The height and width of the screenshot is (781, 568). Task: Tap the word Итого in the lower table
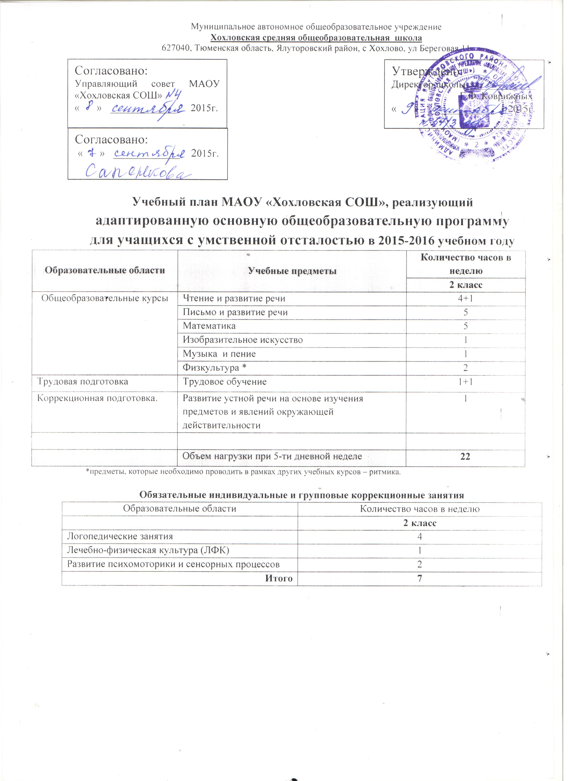point(279,579)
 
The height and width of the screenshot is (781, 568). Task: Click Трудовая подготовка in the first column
point(83,382)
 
